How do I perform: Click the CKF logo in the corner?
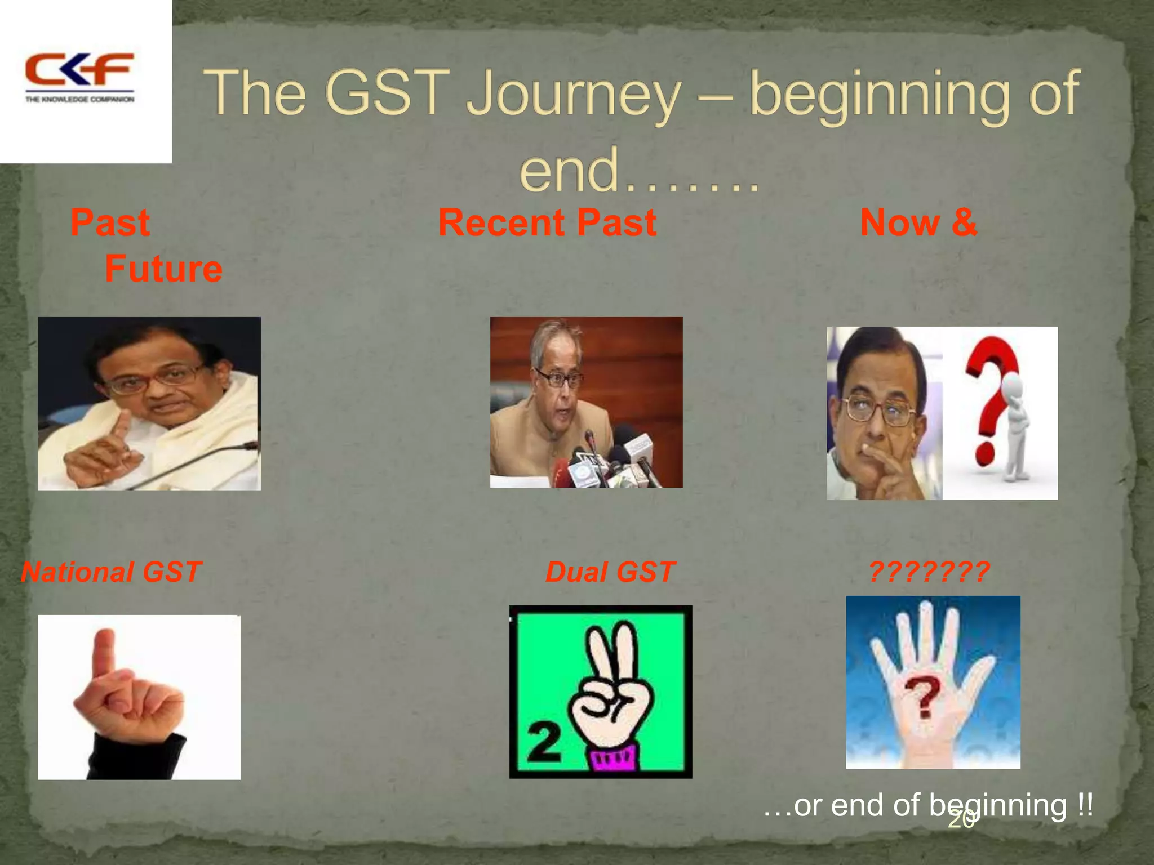(79, 70)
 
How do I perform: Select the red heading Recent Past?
(547, 223)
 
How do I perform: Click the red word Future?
(163, 269)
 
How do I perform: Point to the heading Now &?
(918, 223)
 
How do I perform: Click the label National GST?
(111, 572)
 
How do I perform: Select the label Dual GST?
(610, 572)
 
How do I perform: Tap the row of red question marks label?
(929, 572)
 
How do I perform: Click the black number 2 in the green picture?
(544, 742)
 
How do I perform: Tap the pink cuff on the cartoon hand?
(614, 757)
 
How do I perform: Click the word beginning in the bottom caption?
(998, 805)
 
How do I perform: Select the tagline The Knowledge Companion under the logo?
(79, 100)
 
